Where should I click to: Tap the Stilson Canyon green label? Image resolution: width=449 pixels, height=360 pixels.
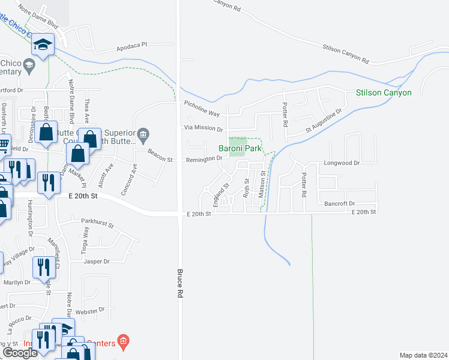(384, 92)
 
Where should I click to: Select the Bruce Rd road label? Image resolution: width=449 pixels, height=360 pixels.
(179, 284)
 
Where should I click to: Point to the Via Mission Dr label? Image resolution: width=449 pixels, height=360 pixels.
(203, 128)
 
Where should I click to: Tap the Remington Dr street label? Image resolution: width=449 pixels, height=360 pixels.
(204, 158)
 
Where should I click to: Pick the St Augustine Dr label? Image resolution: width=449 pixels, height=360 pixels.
(324, 120)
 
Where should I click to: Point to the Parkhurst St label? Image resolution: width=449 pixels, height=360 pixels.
(97, 223)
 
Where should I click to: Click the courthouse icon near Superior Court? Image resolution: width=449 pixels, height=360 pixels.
(143, 133)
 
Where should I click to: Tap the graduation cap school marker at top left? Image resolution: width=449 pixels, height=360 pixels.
(43, 44)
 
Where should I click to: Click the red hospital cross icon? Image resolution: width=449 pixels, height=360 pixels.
(123, 343)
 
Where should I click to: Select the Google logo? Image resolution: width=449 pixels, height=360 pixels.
(20, 353)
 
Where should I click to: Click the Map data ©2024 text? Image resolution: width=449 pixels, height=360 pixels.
(423, 355)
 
